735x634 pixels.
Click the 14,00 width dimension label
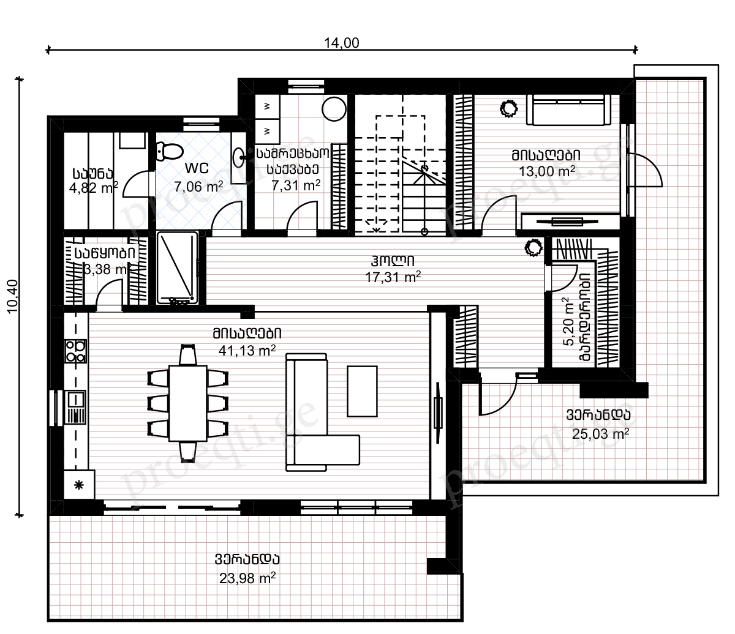point(341,43)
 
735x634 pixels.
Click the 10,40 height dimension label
point(13,296)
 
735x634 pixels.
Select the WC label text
point(197,168)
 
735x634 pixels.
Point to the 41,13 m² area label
point(247,350)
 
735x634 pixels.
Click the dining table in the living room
point(188,403)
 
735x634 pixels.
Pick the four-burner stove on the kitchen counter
point(75,351)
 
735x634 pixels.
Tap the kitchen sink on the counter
point(75,407)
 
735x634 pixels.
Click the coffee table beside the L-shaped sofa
point(362,391)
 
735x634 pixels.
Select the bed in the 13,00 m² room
point(568,110)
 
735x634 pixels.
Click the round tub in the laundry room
point(334,109)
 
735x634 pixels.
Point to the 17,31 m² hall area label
point(393,277)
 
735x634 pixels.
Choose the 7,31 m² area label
point(296,185)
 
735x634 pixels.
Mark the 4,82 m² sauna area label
point(94,187)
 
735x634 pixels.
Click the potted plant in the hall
point(533,247)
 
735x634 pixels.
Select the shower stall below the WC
point(177,267)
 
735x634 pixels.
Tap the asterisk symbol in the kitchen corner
point(79,485)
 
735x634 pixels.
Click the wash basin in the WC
point(239,157)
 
